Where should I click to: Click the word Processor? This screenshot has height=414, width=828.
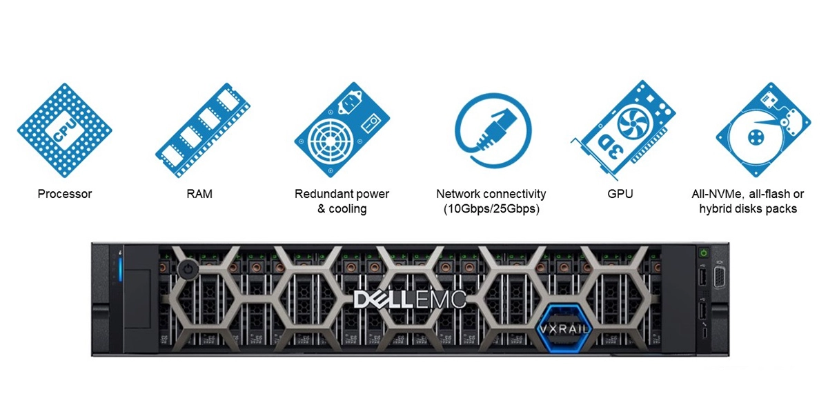click(x=65, y=194)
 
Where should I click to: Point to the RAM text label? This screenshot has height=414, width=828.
click(x=199, y=194)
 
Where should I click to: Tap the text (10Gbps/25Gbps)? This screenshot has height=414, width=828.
click(x=491, y=208)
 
